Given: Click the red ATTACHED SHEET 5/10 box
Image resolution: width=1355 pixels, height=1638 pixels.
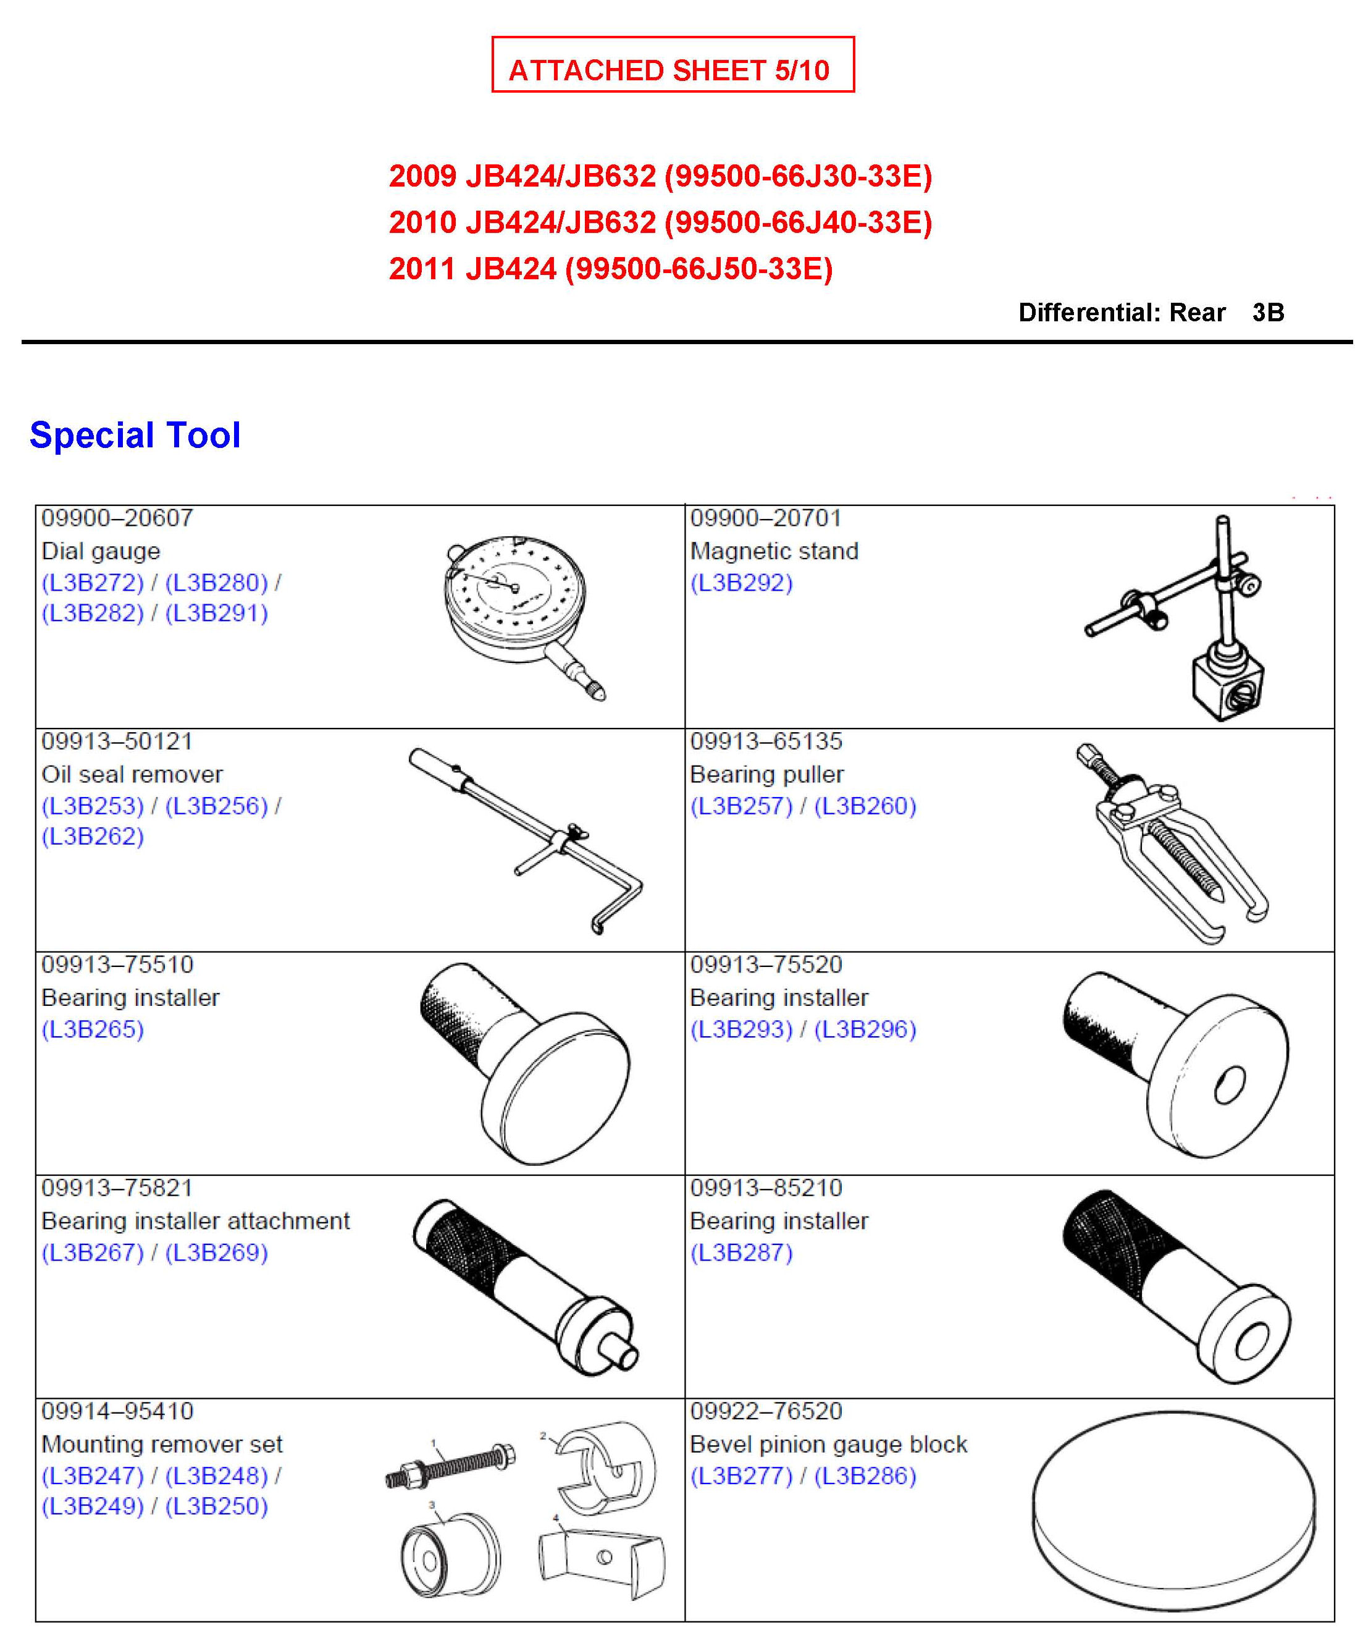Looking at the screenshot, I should pyautogui.click(x=672, y=65).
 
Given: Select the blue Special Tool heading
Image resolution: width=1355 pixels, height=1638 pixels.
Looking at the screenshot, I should pyautogui.click(x=135, y=435).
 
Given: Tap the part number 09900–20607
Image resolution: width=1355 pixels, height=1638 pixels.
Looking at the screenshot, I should pyautogui.click(x=117, y=518).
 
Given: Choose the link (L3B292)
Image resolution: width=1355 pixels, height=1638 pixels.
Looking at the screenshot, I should pyautogui.click(x=742, y=583).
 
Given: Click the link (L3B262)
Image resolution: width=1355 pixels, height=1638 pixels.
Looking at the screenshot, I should pyautogui.click(x=93, y=836).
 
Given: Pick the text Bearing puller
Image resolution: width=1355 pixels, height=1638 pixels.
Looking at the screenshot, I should pyautogui.click(x=766, y=775).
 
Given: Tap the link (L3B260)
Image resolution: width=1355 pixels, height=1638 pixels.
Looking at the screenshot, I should pyautogui.click(x=865, y=806).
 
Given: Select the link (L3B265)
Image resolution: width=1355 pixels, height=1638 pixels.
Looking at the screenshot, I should pyautogui.click(x=93, y=1029).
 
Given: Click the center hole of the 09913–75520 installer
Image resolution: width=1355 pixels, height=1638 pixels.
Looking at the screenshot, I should pyautogui.click(x=1230, y=1086).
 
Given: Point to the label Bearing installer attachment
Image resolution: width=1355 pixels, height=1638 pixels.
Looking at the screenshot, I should pyautogui.click(x=196, y=1221).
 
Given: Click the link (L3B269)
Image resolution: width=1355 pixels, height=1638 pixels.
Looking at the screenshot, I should pyautogui.click(x=216, y=1252).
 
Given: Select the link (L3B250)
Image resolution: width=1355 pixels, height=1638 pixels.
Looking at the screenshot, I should pyautogui.click(x=216, y=1506).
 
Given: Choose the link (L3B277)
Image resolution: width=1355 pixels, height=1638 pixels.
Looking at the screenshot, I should pyautogui.click(x=742, y=1475).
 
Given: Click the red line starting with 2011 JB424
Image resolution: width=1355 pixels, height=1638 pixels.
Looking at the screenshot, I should pyautogui.click(x=610, y=269).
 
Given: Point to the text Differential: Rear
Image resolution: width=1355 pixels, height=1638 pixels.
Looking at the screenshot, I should pyautogui.click(x=1122, y=313).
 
